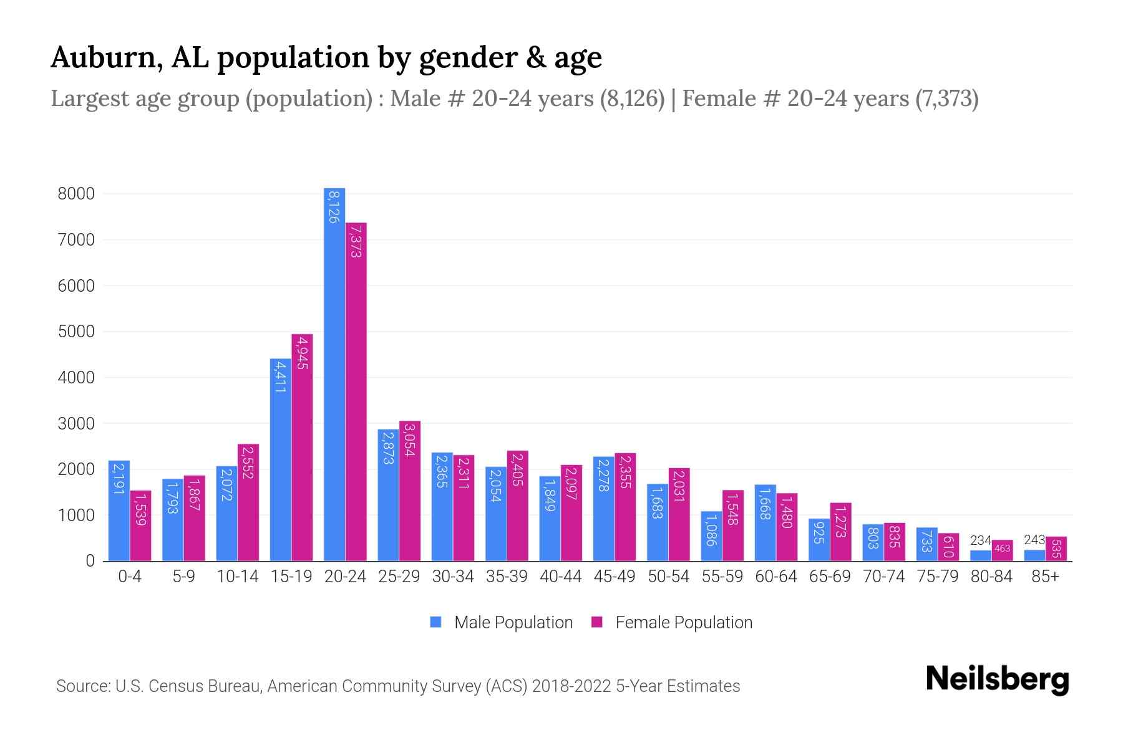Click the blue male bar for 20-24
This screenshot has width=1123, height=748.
point(334,374)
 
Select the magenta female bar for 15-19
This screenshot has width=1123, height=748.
point(302,448)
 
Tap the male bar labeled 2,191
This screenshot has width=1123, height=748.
point(119,511)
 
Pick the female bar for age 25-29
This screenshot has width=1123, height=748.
point(410,491)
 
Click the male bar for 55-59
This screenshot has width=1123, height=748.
point(711,536)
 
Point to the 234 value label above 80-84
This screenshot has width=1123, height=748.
point(980,540)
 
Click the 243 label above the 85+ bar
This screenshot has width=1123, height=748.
point(1034,540)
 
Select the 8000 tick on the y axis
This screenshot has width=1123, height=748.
point(76,194)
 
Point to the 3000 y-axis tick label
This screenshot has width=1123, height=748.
point(76,424)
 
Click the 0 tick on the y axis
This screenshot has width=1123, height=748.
point(90,561)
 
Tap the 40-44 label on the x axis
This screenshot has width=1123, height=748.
point(560,577)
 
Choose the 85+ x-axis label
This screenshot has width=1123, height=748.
point(1045,577)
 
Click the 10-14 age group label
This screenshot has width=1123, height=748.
point(237,577)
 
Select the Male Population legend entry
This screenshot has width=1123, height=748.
point(513,623)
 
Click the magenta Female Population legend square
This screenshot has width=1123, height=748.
point(597,622)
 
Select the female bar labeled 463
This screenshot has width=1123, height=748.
point(1002,550)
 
